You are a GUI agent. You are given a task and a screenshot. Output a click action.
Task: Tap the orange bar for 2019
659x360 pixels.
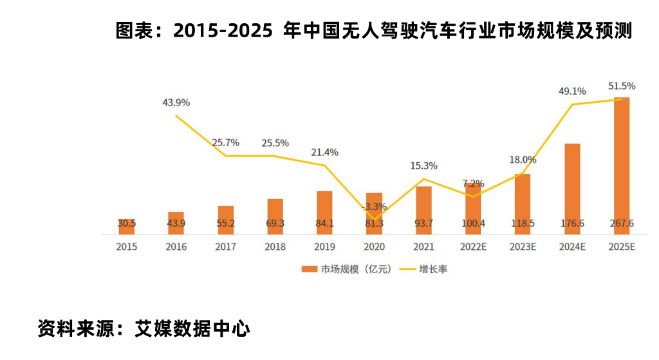click(324, 212)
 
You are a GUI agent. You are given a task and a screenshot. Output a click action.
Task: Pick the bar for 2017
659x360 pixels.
click(225, 220)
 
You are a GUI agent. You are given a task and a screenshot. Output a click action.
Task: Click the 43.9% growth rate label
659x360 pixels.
click(176, 103)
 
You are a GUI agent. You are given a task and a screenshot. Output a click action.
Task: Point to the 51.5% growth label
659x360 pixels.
click(622, 86)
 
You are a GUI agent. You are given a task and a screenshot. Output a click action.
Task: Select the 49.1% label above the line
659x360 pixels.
click(572, 91)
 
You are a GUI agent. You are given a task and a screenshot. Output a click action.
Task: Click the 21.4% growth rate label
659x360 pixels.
click(324, 153)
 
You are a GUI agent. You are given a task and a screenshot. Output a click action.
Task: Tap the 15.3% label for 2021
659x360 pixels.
click(423, 166)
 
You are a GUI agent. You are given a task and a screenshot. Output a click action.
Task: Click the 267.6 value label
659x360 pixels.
click(622, 223)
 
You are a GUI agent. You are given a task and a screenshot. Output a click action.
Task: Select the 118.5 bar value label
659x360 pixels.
click(523, 223)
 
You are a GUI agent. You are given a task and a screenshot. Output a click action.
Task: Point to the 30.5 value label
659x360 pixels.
click(126, 223)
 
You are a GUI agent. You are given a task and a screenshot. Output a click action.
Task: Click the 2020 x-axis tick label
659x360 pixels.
click(374, 247)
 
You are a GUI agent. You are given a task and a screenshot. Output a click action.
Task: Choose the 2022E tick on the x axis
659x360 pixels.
click(473, 247)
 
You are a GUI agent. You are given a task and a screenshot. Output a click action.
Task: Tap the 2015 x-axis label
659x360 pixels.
click(126, 247)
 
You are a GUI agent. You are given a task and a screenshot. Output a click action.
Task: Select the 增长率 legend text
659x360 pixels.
click(433, 269)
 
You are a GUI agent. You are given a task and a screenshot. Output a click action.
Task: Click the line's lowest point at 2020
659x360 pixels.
click(374, 219)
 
